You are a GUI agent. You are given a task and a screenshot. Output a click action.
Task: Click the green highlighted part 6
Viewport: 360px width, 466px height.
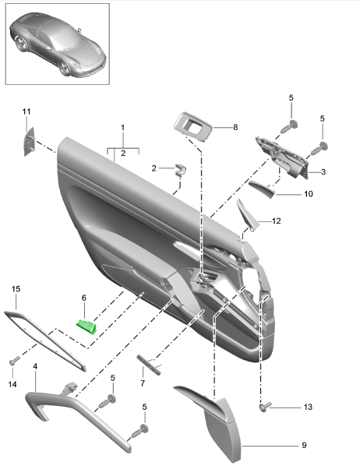86,325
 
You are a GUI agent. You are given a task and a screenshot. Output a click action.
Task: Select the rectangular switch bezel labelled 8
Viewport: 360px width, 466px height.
191,125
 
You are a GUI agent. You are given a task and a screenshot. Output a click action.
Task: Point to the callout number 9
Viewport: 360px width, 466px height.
304,445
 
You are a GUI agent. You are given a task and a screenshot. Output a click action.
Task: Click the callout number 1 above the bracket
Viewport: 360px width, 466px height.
122,126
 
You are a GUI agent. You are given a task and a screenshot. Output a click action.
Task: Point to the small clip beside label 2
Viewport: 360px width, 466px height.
180,171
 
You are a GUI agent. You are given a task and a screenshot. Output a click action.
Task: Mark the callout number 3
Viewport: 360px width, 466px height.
323,171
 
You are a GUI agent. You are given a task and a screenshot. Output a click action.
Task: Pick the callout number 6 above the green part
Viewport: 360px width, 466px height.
83,297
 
